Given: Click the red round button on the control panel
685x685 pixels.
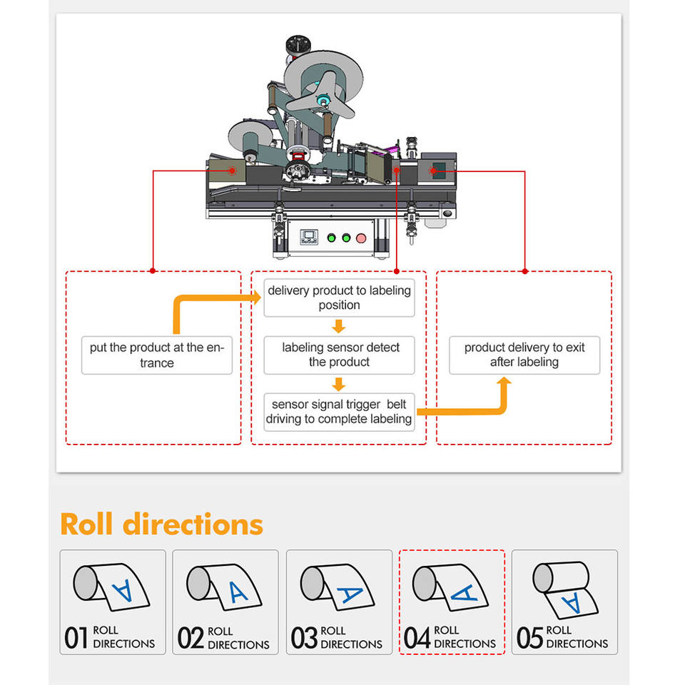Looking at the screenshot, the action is tap(361, 238).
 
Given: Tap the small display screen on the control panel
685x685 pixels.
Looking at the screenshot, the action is tap(309, 235).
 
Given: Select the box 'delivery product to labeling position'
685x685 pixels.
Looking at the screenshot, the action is tap(339, 298).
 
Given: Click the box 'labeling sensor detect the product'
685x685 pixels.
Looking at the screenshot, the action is tap(339, 355).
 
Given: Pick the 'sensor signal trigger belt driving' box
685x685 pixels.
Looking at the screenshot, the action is tap(339, 412).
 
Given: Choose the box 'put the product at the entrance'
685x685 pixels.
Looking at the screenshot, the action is tap(157, 355).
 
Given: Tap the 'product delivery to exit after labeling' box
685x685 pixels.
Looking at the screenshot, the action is tap(524, 355).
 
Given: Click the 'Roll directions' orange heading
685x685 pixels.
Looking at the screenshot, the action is tap(162, 524).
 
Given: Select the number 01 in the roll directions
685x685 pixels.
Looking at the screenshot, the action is tap(76, 638).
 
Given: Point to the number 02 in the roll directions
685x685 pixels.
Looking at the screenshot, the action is tap(191, 638).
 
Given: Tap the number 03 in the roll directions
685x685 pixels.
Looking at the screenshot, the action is tap(304, 638).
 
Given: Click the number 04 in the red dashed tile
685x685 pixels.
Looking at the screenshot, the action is tap(417, 638).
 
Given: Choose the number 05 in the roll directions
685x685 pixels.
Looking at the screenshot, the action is tap(530, 638).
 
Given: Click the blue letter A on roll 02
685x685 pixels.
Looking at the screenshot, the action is tap(238, 592).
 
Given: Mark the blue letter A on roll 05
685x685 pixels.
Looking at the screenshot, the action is tap(571, 604).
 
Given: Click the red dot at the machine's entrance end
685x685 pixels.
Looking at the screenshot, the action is tap(232, 171).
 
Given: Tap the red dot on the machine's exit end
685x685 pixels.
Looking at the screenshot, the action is tap(432, 171).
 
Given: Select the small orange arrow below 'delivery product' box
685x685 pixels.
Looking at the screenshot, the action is tap(338, 326).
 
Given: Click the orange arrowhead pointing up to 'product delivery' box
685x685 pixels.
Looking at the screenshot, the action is tap(504, 382).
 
